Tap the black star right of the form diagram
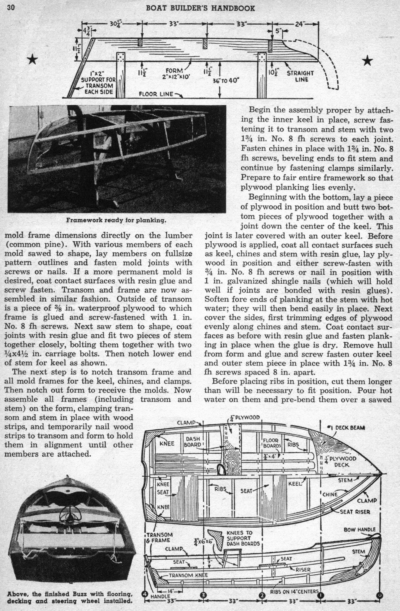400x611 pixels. [367, 61]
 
